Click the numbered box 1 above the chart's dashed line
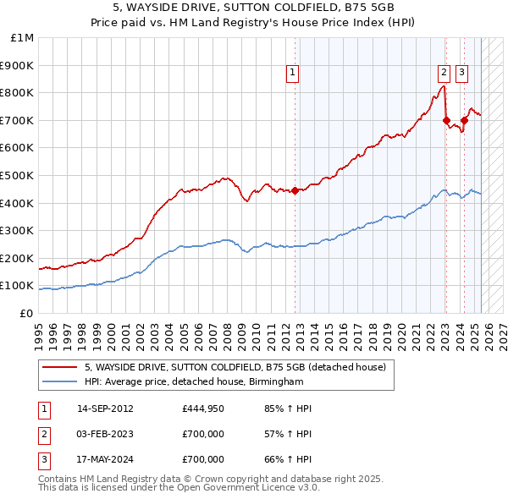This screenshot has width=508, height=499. coord(292,74)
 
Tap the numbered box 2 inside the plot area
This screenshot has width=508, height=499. coord(444,74)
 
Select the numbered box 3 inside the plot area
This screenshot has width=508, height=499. coord(461,74)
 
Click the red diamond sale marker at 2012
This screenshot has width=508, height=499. coord(295,190)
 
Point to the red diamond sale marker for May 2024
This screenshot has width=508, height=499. coord(464,121)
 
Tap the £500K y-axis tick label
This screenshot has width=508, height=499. coord(19,175)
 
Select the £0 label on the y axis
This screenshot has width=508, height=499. coord(26,313)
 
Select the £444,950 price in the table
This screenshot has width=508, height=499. coord(203,409)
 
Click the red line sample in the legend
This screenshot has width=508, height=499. coord(59,367)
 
